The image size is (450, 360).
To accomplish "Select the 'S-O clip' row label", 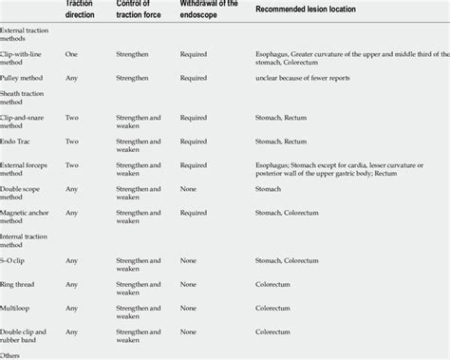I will [18, 259].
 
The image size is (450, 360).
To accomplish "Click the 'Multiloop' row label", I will [20, 308].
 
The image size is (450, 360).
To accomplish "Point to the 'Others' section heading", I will [13, 354].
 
